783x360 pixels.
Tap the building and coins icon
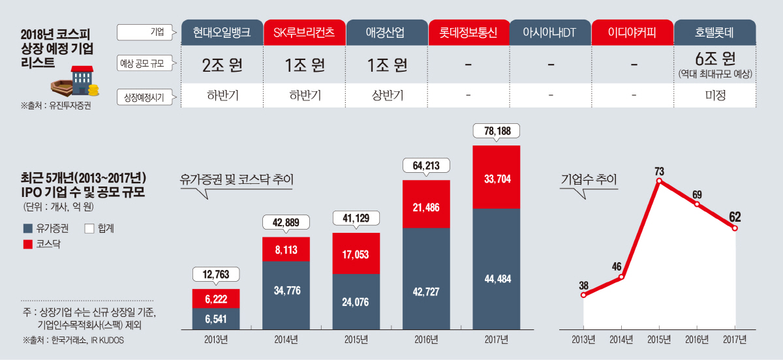coord(77,84)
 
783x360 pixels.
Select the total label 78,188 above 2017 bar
coord(496,131)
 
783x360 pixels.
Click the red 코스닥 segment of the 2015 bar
coord(356,253)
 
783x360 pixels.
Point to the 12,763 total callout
coord(216,275)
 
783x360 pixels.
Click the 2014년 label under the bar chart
coord(286,339)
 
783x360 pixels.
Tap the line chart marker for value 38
coord(583,295)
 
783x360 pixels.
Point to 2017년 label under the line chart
coord(735,339)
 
